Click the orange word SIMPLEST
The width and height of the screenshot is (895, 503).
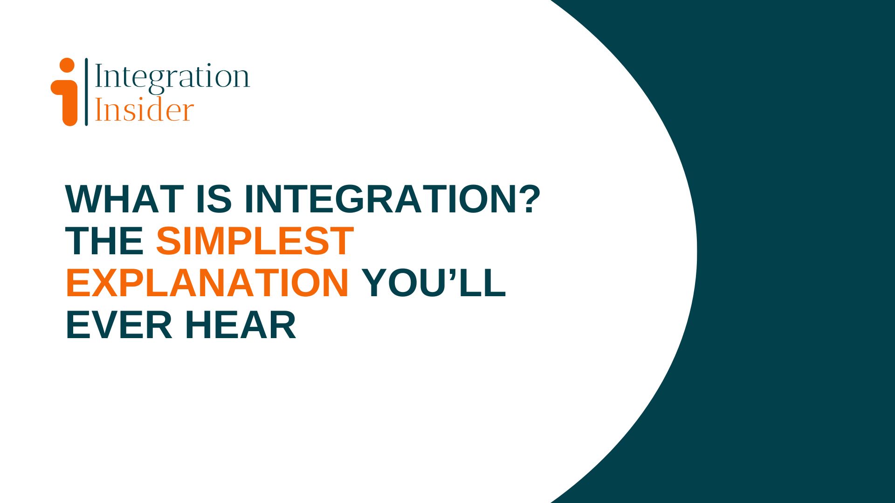[255, 241]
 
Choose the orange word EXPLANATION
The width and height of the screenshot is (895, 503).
[207, 283]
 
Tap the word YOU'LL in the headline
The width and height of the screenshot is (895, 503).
[434, 283]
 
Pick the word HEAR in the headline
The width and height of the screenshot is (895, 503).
[241, 325]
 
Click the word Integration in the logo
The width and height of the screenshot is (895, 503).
[172, 77]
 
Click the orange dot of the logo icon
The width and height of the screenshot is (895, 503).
[67, 66]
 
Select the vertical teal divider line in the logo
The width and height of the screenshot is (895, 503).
[86, 92]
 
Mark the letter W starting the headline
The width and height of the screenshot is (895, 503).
[84, 199]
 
